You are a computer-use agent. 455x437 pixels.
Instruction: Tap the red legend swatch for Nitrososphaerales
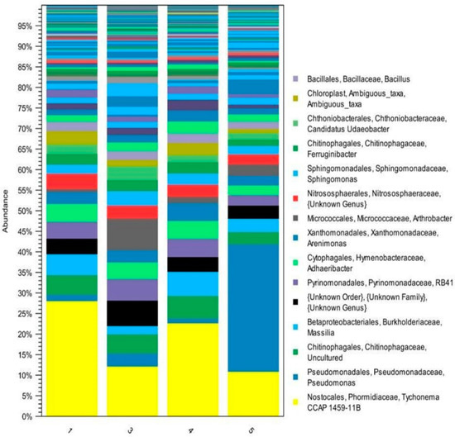click(x=296, y=197)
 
